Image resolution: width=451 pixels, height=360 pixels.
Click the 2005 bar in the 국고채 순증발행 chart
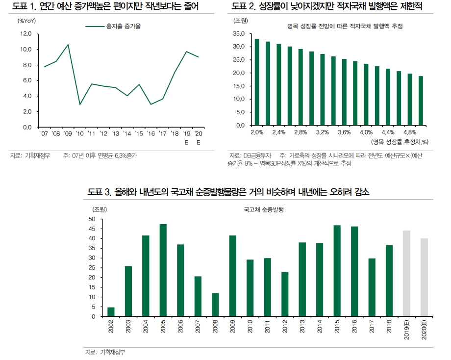click(163, 270)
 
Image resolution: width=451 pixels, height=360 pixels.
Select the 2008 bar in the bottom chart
click(215, 305)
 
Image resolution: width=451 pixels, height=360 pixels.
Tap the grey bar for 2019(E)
click(406, 273)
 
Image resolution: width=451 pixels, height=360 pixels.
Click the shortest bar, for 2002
click(111, 312)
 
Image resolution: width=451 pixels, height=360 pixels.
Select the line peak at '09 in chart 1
click(68, 45)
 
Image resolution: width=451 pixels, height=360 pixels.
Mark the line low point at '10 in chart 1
click(80, 104)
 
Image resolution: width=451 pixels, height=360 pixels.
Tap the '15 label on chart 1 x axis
click(139, 133)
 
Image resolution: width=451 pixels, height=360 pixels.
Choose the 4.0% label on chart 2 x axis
click(366, 132)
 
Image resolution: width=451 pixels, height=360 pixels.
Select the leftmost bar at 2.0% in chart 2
click(257, 82)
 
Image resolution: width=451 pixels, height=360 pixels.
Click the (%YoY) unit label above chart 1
click(27, 21)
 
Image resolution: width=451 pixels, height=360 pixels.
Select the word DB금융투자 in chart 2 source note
click(258, 155)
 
